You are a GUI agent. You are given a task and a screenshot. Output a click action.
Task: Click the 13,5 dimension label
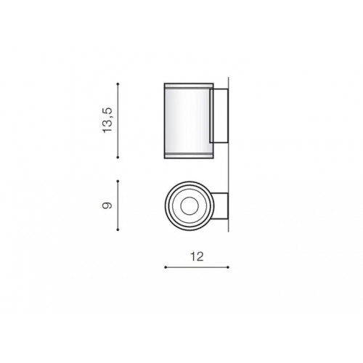[107, 120]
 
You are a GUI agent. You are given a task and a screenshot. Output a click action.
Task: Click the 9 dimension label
[107, 205]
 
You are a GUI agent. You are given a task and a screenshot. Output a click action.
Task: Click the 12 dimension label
[197, 256]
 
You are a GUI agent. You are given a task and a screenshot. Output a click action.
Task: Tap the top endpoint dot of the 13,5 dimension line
[118, 83]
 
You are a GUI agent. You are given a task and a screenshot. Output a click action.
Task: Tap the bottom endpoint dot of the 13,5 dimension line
[118, 158]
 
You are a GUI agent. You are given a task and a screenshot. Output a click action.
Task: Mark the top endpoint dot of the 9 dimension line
[118, 181]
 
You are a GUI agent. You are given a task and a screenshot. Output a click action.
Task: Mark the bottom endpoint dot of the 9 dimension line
[118, 229]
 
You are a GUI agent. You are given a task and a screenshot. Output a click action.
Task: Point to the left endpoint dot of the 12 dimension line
[166, 267]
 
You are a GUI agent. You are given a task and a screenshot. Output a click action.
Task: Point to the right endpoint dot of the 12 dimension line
[228, 267]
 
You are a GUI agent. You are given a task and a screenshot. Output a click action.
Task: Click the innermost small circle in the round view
[189, 197]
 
